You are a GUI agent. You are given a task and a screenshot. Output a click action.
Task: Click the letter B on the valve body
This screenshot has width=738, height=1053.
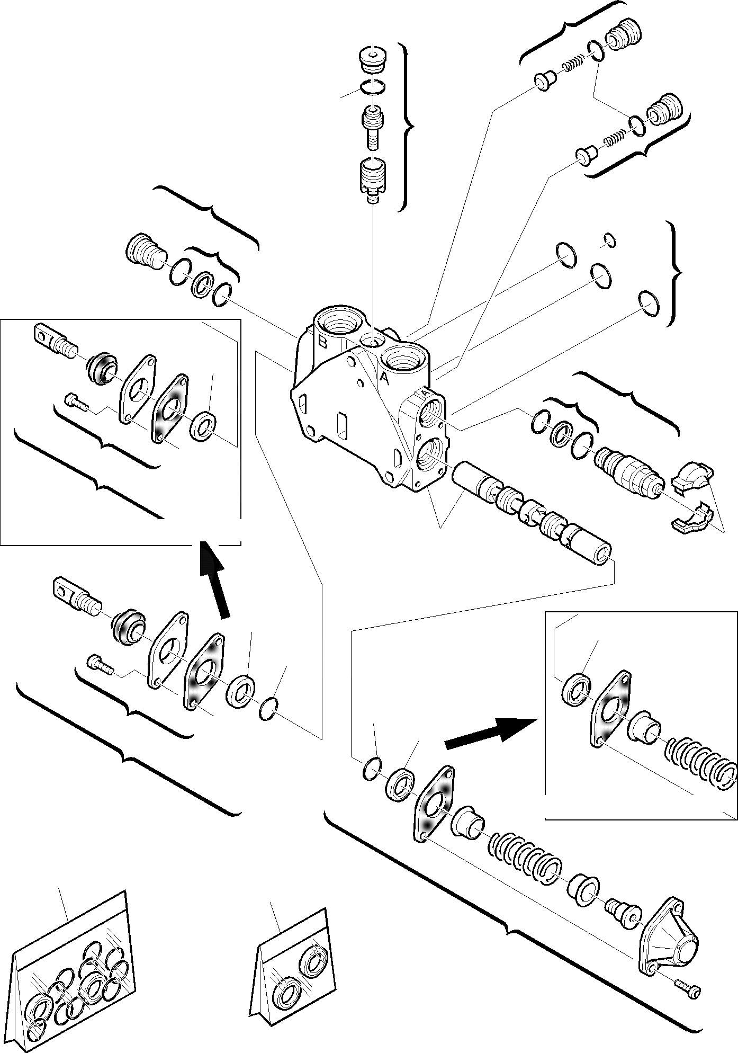pyautogui.click(x=322, y=341)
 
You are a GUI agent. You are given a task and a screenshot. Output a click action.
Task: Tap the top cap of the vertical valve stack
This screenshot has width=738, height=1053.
pyautogui.click(x=373, y=57)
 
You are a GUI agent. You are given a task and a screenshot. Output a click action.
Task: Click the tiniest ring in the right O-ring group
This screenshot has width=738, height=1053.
pyautogui.click(x=610, y=240)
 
